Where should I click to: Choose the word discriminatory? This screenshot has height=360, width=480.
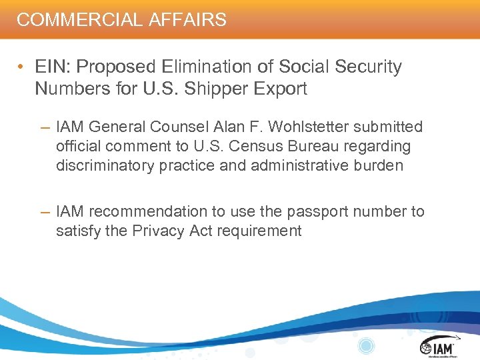[x=105, y=165]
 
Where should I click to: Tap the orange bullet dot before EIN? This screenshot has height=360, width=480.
[x=23, y=67]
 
